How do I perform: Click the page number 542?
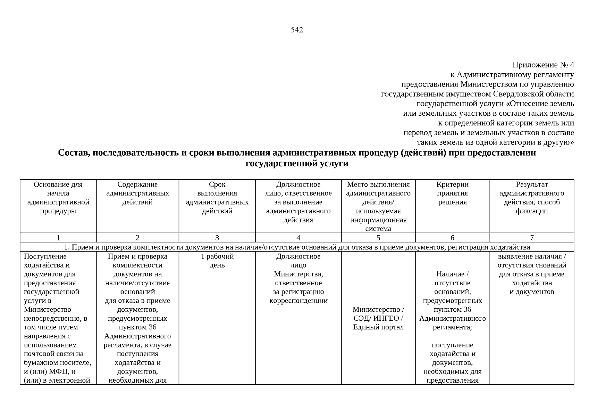click(x=297, y=30)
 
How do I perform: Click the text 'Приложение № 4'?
click(x=543, y=65)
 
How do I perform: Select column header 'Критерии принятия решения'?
click(x=452, y=194)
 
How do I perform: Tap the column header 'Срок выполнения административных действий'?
click(x=217, y=198)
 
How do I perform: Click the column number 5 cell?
click(x=378, y=238)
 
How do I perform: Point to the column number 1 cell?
click(x=58, y=238)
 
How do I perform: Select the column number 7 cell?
click(x=531, y=238)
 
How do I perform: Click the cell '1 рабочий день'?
click(x=217, y=261)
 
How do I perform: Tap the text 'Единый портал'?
click(x=378, y=327)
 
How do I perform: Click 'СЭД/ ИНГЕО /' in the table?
click(x=378, y=318)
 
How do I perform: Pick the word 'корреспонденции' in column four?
click(x=298, y=301)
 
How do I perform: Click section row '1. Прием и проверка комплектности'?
click(x=297, y=247)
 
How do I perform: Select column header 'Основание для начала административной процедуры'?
click(x=58, y=198)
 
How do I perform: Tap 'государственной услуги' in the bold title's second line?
click(x=297, y=163)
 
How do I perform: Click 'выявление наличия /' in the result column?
click(x=531, y=256)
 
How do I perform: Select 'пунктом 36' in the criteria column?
click(x=452, y=309)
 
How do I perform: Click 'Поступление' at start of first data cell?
click(x=45, y=256)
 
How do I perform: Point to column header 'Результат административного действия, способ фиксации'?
click(x=531, y=198)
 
